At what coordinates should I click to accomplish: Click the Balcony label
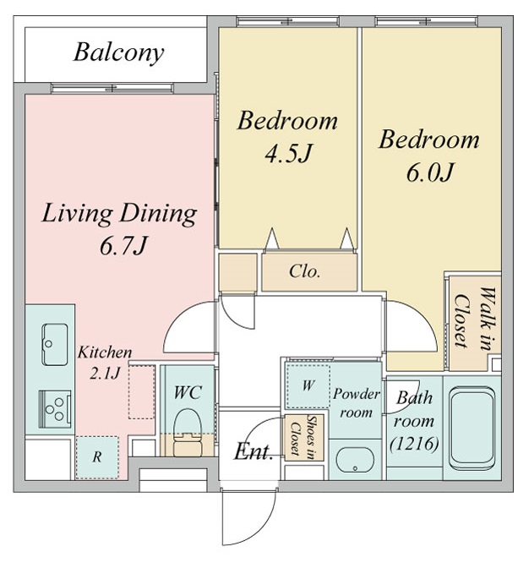click(119, 53)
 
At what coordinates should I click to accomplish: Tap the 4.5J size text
click(288, 154)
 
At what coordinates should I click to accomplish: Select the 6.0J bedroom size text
click(430, 172)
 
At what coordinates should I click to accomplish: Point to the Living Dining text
click(119, 214)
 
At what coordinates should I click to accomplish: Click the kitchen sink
click(55, 345)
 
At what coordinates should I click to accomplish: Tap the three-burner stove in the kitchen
click(55, 409)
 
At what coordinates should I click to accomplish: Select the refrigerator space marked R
click(97, 457)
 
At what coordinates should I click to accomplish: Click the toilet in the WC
click(187, 433)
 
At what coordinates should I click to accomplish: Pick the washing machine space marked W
click(308, 386)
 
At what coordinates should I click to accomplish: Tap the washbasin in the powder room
click(355, 460)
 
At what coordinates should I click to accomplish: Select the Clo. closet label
click(304, 271)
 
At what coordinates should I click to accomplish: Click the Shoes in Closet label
click(304, 437)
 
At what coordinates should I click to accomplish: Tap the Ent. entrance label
click(254, 451)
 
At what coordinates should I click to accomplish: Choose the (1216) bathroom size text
click(415, 444)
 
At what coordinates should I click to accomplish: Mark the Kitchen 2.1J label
click(105, 363)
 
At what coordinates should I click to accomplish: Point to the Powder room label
click(356, 403)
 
